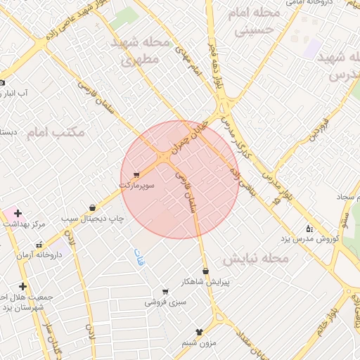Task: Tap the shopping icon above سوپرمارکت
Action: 136,174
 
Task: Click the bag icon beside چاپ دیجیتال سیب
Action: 93,207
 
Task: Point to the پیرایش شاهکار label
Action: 205,281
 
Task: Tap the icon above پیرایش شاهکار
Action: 205,271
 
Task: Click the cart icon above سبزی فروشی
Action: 165,292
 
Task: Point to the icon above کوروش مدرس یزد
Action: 309,229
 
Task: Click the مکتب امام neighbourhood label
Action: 56,132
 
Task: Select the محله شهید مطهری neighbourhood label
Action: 141,51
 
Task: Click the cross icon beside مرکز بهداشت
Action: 18,213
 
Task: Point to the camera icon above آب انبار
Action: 3,82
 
